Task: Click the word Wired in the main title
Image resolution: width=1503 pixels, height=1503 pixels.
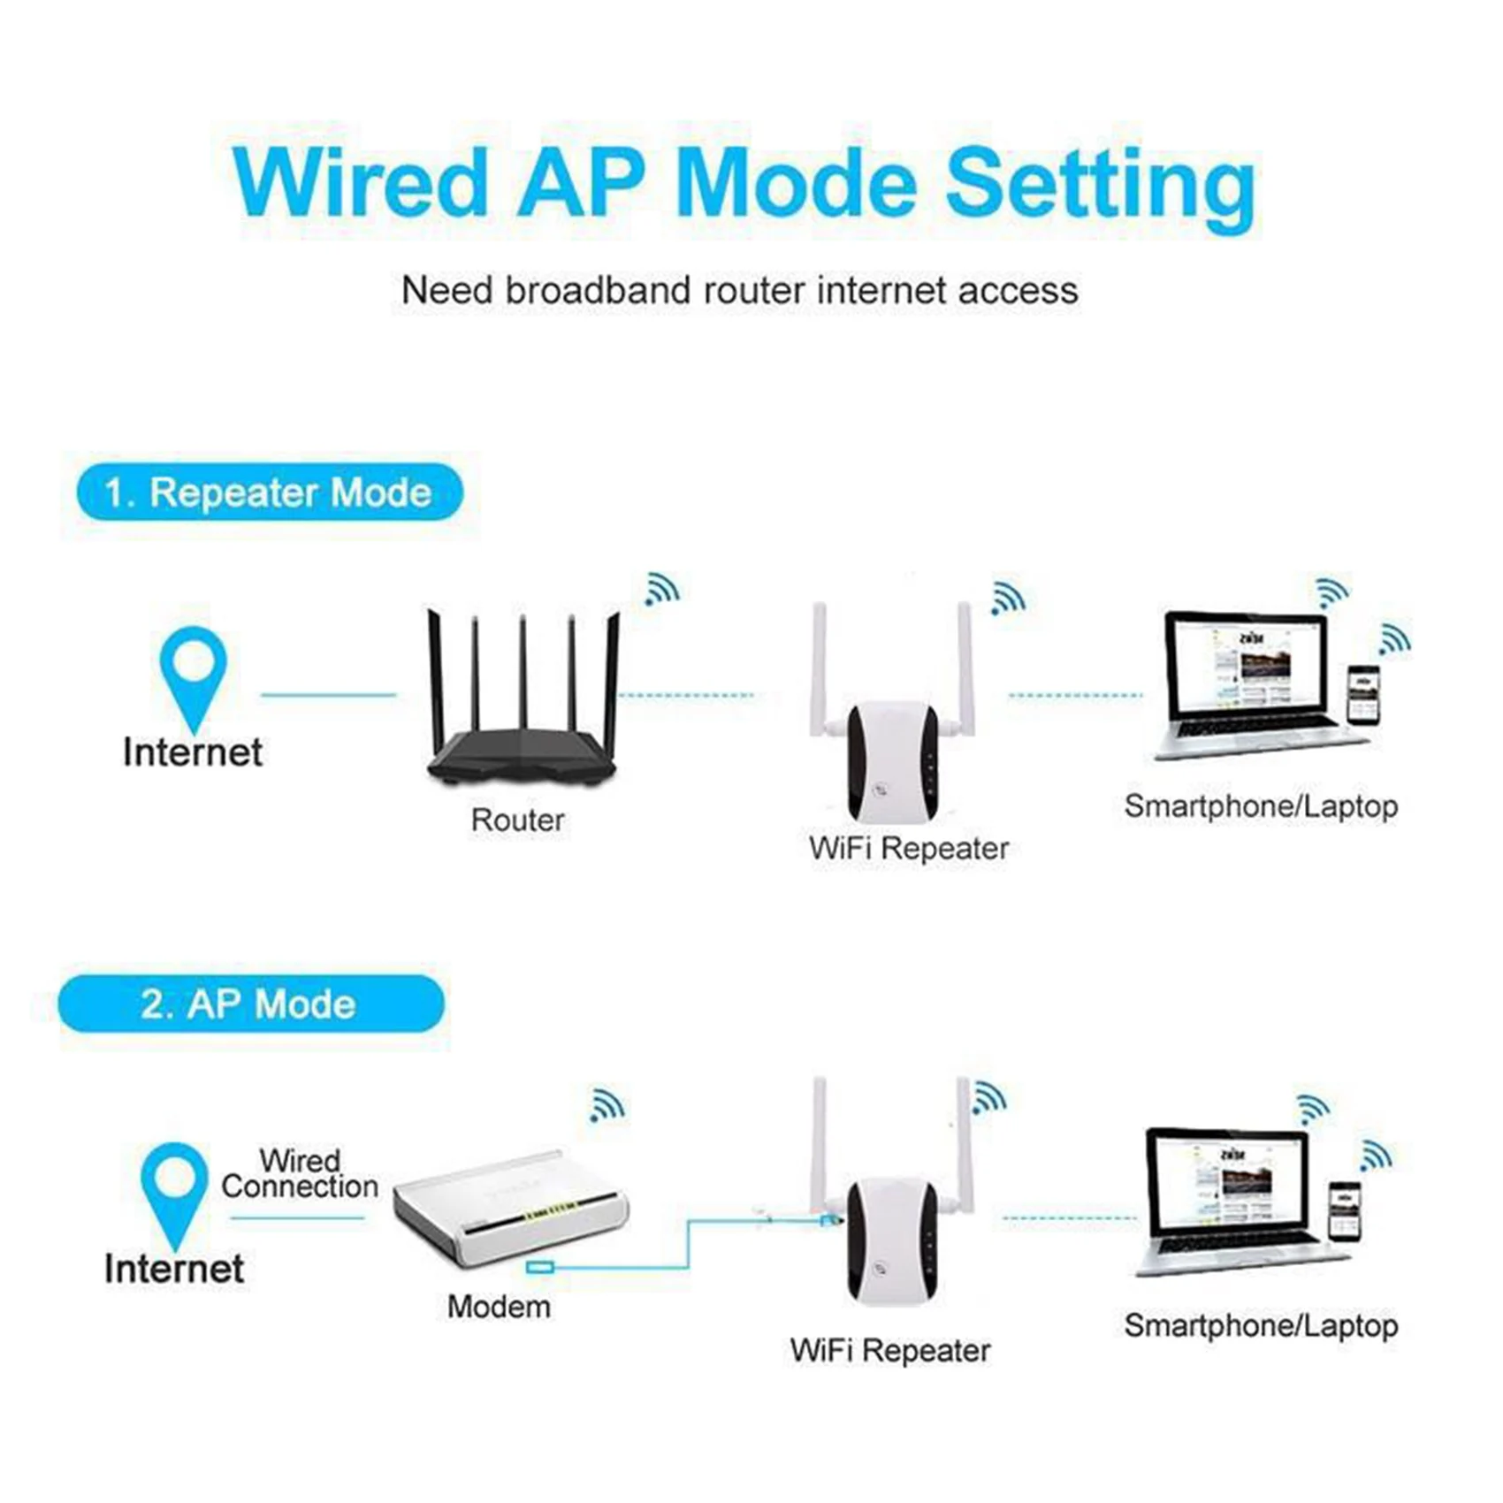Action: [x=361, y=182]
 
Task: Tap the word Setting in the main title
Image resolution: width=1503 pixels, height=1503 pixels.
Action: [x=1100, y=186]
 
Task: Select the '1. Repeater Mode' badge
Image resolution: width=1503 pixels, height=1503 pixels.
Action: [x=269, y=492]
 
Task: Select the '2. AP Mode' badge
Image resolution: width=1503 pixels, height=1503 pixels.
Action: [x=250, y=1004]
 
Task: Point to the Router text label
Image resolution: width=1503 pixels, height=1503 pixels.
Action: [x=517, y=820]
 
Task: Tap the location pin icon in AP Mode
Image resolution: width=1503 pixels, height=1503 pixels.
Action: [x=174, y=1189]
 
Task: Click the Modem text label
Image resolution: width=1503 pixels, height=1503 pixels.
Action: [x=499, y=1307]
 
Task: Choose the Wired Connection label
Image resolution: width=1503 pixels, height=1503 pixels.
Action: [x=300, y=1173]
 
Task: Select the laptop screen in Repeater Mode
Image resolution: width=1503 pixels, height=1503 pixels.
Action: [x=1247, y=668]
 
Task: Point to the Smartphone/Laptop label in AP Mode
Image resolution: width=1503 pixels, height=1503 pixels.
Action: [x=1261, y=1325]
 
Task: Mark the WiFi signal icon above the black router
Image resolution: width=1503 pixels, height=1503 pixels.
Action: [x=661, y=590]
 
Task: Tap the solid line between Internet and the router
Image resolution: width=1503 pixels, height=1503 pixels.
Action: [x=329, y=695]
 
